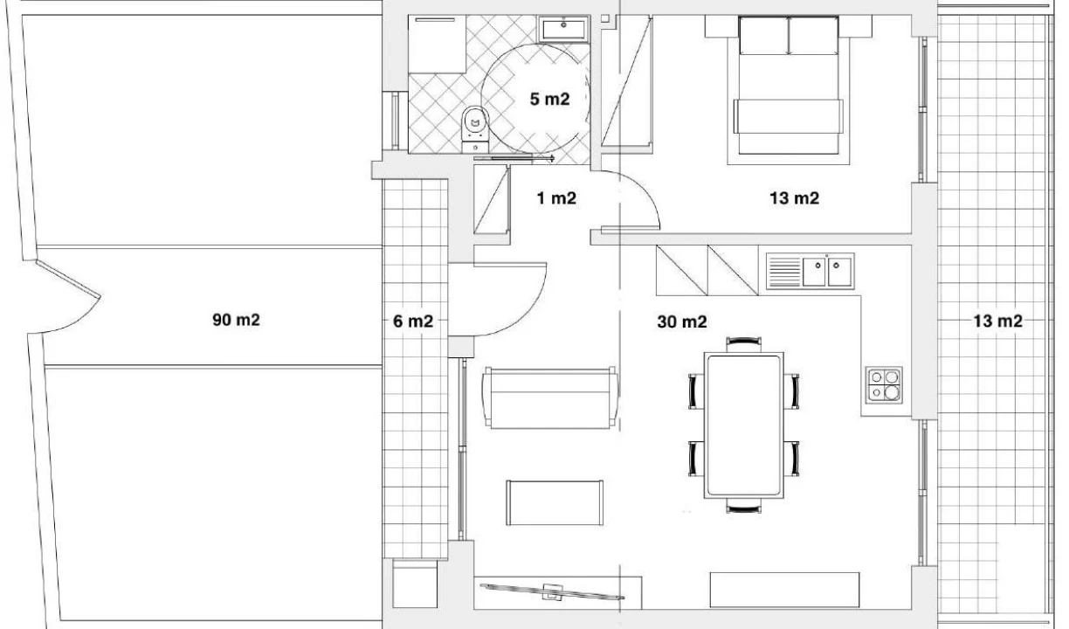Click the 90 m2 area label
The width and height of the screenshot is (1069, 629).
point(236,320)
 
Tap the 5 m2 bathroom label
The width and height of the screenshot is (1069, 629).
point(549,100)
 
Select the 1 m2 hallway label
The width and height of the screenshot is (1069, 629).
point(556,198)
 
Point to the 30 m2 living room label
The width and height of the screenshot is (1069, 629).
point(682,321)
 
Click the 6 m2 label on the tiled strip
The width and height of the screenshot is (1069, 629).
point(413,321)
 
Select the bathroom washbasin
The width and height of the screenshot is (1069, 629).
point(563,30)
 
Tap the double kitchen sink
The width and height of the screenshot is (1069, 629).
point(810,271)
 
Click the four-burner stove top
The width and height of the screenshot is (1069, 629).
point(885,385)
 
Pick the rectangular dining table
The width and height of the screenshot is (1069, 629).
point(743,425)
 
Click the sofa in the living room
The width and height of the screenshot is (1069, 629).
point(551,397)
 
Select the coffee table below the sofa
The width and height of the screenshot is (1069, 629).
point(555,502)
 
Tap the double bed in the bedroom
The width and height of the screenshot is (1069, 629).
point(789,86)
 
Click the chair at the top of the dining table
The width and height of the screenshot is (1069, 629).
point(743,344)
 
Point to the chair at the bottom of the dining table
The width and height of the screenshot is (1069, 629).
point(743,506)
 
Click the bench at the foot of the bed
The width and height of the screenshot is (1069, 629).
point(789,116)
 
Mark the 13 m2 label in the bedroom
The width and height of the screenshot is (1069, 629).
point(795,198)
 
